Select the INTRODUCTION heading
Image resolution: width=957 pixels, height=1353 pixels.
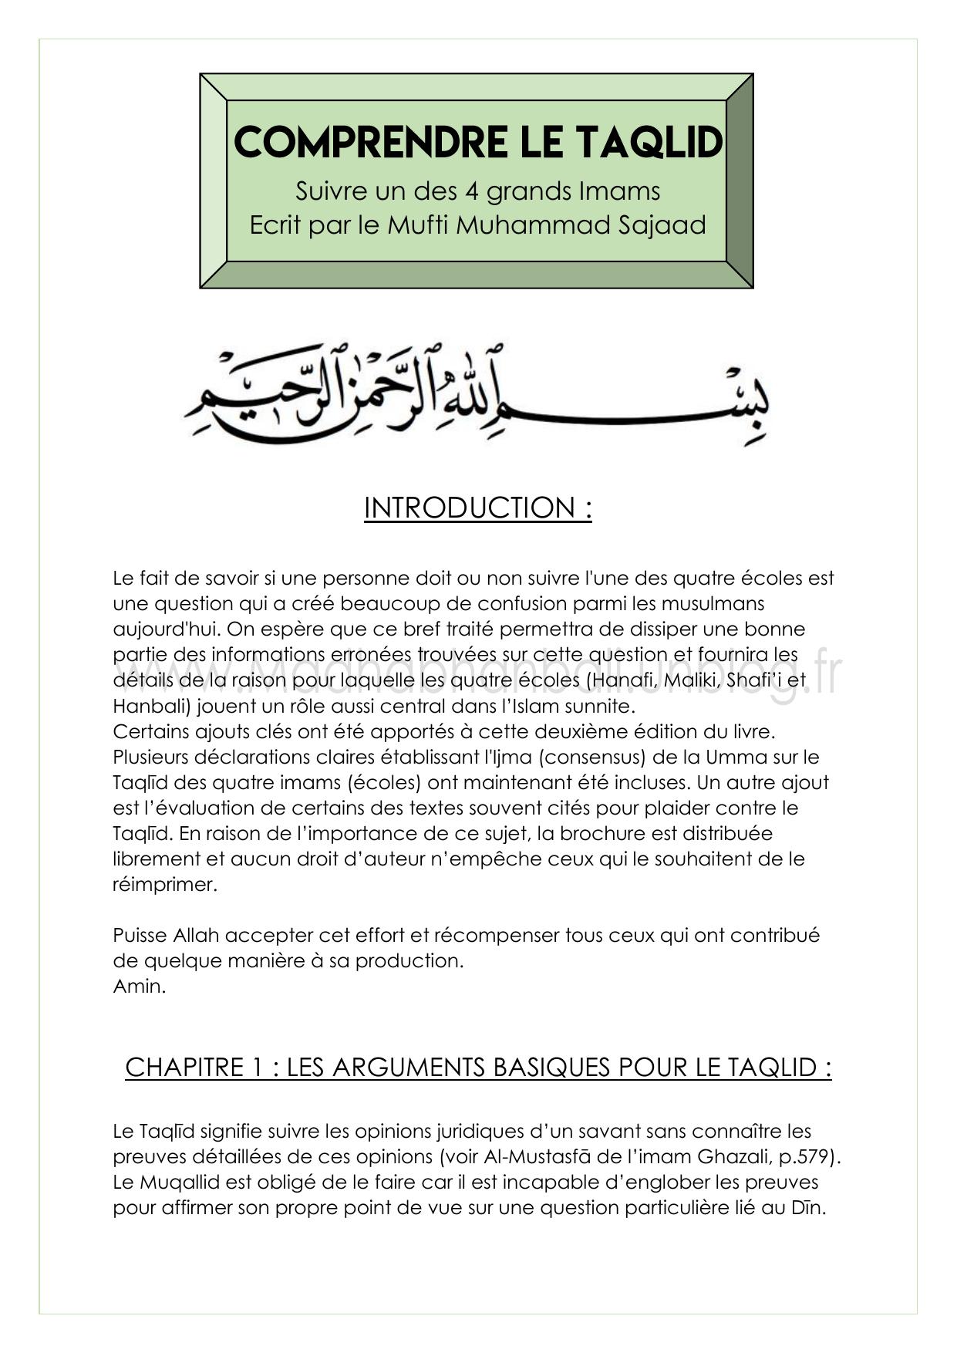477,508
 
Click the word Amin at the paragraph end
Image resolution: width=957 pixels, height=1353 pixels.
138,987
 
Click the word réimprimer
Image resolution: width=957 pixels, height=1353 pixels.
164,885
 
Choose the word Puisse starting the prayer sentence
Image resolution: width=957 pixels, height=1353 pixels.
140,936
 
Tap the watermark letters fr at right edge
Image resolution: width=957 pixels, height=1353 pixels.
827,673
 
